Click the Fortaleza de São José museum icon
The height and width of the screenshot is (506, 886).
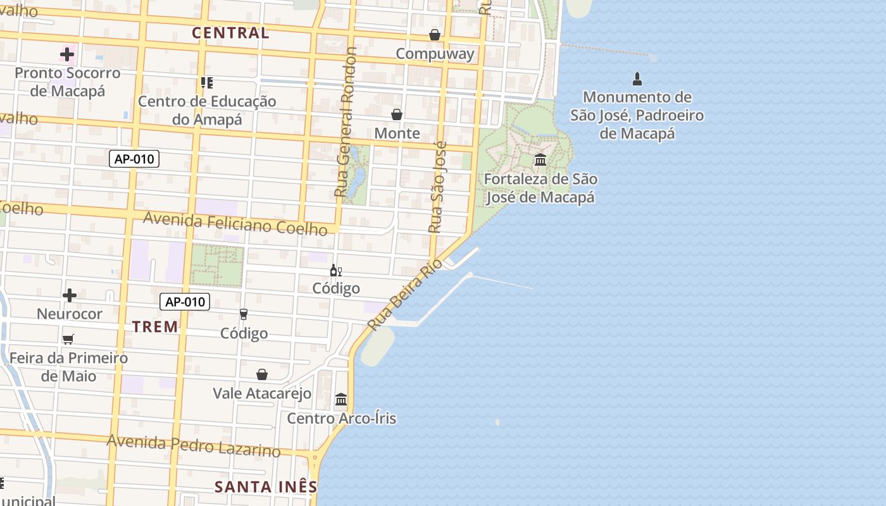pos(540,159)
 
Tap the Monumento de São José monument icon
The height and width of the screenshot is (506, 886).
pos(637,79)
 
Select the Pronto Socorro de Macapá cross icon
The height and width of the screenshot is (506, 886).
pos(67,54)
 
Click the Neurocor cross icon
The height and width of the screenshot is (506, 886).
pos(70,295)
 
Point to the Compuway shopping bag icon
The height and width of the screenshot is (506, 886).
pos(435,34)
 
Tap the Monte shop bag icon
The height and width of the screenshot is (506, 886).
pos(397,114)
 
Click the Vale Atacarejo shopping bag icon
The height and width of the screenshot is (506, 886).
pos(262,374)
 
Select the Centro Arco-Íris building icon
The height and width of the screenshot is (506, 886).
pos(341,399)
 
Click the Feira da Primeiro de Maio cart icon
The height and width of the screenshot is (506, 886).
pos(68,339)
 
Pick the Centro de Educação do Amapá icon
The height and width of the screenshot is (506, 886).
pos(206,82)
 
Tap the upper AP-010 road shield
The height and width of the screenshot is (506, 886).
pos(134,159)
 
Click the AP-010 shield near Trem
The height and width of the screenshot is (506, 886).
pos(185,302)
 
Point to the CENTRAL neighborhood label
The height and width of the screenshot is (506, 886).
pos(230,33)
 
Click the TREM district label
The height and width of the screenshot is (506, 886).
pos(155,326)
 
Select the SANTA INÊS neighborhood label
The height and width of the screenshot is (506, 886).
pos(266,486)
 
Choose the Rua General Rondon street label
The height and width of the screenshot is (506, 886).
pos(346,121)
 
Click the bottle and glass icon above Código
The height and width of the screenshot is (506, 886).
pos(335,271)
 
